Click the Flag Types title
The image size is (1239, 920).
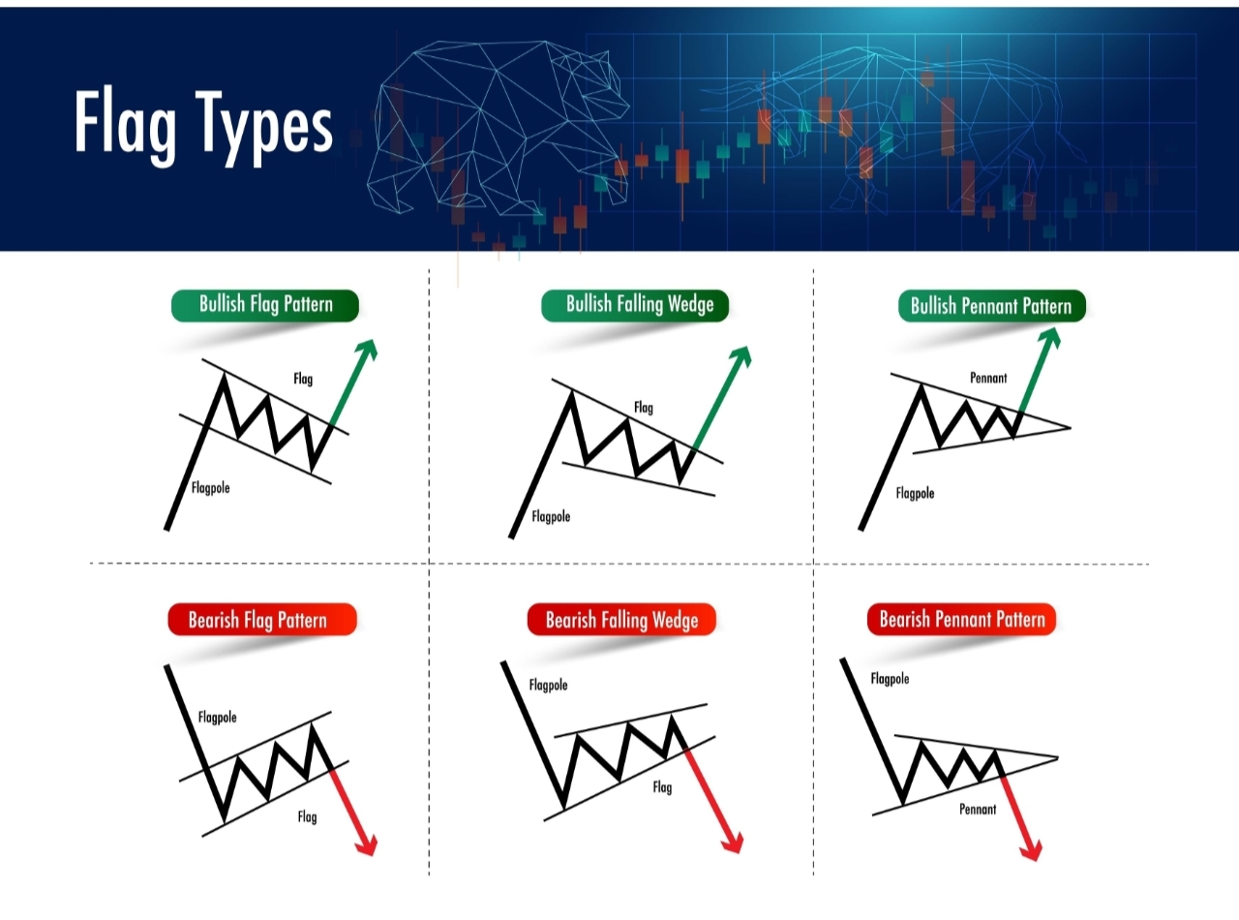coord(203,124)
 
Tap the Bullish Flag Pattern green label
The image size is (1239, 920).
coord(265,305)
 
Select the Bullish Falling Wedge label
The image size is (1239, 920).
coord(639,305)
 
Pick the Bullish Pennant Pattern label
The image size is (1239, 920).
coord(991,307)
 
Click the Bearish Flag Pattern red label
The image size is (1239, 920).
coord(257,620)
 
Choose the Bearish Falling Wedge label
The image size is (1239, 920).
coord(621,620)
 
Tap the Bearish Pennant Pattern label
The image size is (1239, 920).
coord(962,619)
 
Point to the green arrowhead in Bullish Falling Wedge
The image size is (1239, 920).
coord(740,354)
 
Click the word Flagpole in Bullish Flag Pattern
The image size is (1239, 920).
coord(211,488)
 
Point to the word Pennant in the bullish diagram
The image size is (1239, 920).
coord(988,378)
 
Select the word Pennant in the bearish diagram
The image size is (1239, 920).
coord(978,809)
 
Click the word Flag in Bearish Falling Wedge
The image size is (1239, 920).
coord(662,787)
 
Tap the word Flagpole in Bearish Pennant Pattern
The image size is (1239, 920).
coord(891,679)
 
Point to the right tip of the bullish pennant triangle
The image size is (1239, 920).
coord(1070,427)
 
